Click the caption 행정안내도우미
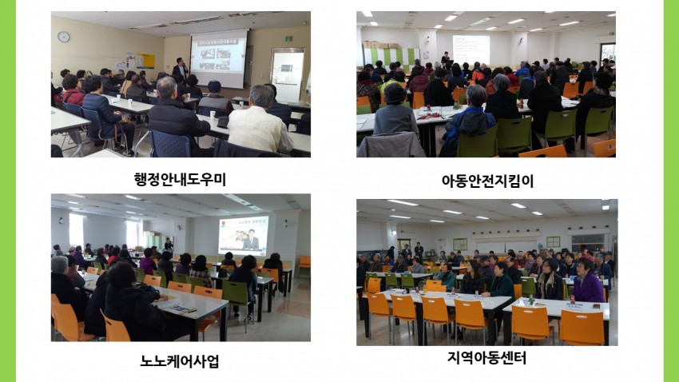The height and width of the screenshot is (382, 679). pyautogui.click(x=181, y=179)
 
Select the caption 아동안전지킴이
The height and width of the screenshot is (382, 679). pyautogui.click(x=487, y=181)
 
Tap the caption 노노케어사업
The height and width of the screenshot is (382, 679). pyautogui.click(x=180, y=360)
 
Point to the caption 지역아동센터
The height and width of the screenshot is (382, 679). pyautogui.click(x=486, y=358)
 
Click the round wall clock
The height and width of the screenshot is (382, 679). pyautogui.click(x=64, y=37)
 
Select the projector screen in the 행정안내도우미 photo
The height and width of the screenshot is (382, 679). pyautogui.click(x=219, y=58)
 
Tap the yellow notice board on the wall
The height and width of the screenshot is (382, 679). pyautogui.click(x=145, y=61)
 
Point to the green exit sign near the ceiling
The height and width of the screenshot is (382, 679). pyautogui.click(x=288, y=38)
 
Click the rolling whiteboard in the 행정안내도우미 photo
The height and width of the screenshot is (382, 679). pyautogui.click(x=288, y=74)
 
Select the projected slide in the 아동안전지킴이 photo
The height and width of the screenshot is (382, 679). pyautogui.click(x=471, y=50)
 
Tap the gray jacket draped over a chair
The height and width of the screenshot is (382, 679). pyautogui.click(x=390, y=145)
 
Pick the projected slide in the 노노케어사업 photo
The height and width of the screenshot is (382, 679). pyautogui.click(x=244, y=235)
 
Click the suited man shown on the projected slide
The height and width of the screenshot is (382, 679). pyautogui.click(x=251, y=240)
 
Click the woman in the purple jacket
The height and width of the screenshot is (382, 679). pyautogui.click(x=588, y=281)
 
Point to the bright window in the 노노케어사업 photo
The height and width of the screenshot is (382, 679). pyautogui.click(x=76, y=230)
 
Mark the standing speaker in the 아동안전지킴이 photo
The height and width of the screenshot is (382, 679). pyautogui.click(x=445, y=59)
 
